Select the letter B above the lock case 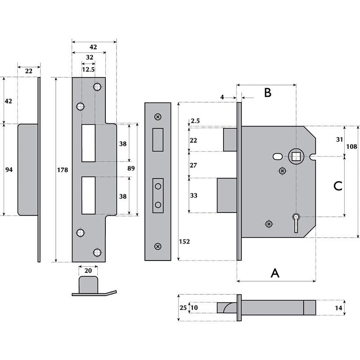pyautogui.click(x=267, y=93)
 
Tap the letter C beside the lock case pyautogui.click(x=338, y=186)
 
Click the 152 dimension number pyautogui.click(x=184, y=241)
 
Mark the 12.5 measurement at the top pyautogui.click(x=88, y=69)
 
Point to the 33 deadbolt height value pyautogui.click(x=193, y=195)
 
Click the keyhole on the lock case pyautogui.click(x=296, y=220)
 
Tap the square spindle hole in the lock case pyautogui.click(x=296, y=157)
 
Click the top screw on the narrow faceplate pyautogui.click(x=157, y=117)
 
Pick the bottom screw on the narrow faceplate pyautogui.click(x=157, y=246)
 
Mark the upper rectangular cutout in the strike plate pyautogui.click(x=88, y=143)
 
